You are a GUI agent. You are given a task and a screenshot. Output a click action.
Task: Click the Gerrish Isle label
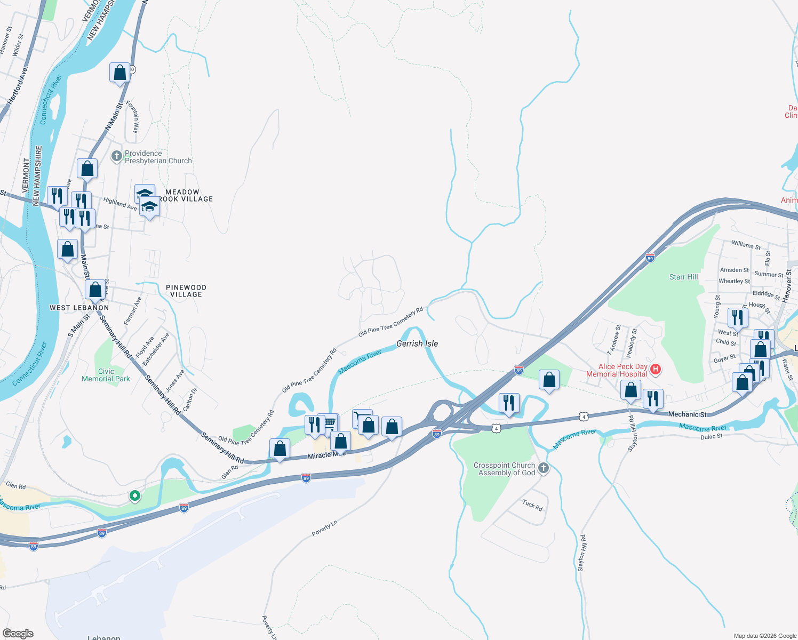tap(417, 343)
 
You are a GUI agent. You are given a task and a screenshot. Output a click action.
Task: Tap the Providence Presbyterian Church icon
tap(117, 157)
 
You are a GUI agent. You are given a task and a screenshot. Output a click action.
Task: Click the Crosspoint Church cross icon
tap(543, 468)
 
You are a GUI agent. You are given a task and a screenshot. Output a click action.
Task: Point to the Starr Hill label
tap(683, 277)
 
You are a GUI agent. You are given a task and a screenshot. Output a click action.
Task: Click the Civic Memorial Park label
tap(106, 375)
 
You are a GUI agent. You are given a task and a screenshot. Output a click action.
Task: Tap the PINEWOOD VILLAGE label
tap(186, 291)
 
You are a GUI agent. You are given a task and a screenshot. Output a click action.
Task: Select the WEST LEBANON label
tap(79, 308)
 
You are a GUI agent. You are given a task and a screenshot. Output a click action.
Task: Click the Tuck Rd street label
tap(532, 505)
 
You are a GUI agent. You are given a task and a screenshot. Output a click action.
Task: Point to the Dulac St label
tap(711, 436)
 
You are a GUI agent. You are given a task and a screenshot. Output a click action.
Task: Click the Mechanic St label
tap(687, 414)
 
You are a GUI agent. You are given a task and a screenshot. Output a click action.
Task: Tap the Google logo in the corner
tap(18, 633)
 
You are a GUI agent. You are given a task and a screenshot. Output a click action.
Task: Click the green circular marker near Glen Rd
tap(135, 496)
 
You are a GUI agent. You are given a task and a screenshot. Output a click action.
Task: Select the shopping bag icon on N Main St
tap(120, 73)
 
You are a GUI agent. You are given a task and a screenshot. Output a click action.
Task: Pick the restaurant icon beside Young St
tap(737, 317)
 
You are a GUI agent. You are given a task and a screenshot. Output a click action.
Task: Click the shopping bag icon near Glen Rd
tap(280, 449)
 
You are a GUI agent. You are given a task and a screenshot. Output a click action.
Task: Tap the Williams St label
tap(746, 245)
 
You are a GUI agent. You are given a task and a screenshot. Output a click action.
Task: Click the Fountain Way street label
tap(136, 117)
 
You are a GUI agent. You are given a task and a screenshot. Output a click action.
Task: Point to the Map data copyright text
tap(764, 635)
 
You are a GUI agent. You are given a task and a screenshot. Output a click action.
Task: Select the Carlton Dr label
tap(190, 399)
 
